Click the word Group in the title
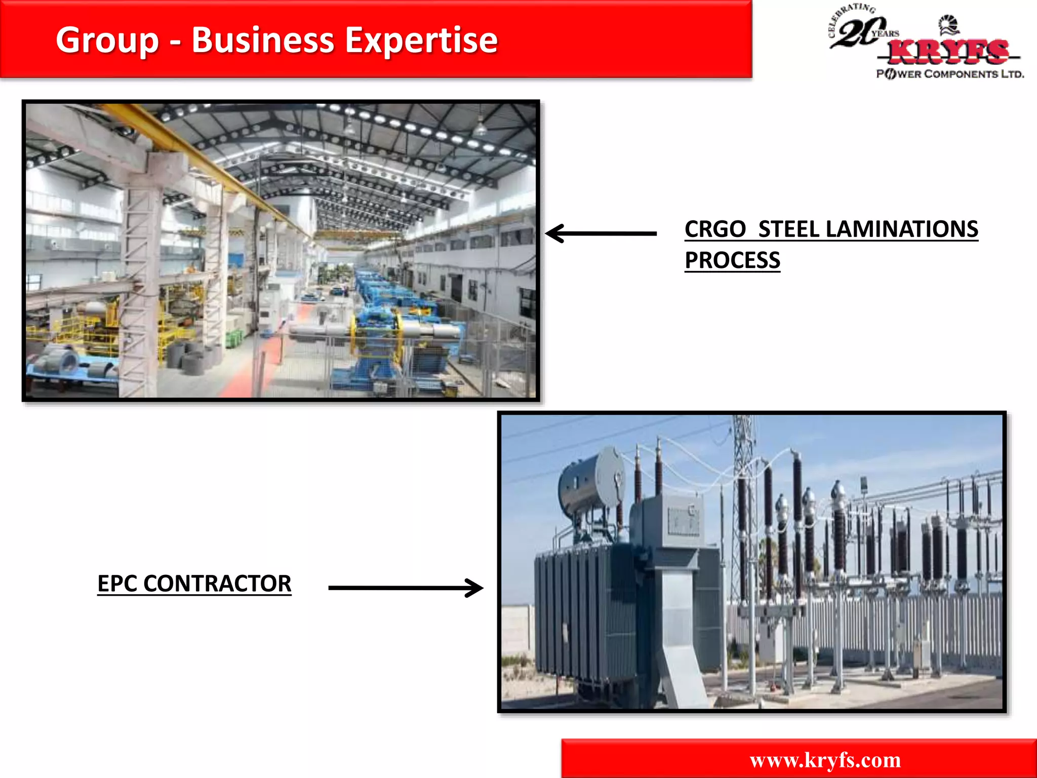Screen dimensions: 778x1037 tap(107, 41)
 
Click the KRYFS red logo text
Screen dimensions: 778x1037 tap(948, 52)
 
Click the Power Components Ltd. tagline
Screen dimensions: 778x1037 tap(950, 74)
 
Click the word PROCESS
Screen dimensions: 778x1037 tap(732, 261)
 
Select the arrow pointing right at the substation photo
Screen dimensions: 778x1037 tap(406, 588)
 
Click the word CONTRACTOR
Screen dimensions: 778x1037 tap(217, 583)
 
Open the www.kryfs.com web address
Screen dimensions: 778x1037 tap(825, 760)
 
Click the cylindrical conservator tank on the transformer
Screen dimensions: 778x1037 tap(590, 481)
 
